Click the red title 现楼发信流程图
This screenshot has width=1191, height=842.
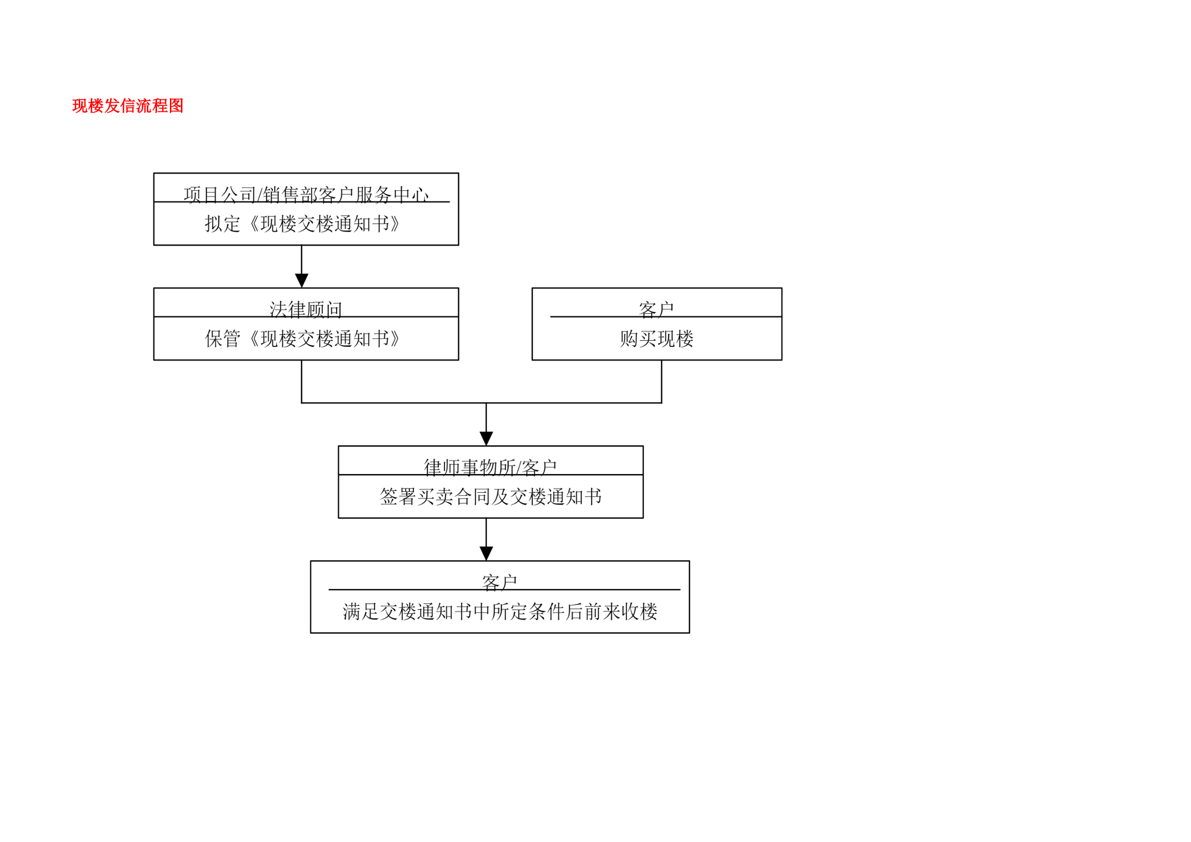128,106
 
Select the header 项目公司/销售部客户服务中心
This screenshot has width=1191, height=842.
306,195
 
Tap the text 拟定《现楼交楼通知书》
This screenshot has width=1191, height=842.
302,224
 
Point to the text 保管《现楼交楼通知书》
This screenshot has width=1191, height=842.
302,339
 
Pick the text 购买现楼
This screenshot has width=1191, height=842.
657,339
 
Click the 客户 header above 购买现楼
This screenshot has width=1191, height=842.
657,309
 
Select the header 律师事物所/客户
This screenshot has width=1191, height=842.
490,468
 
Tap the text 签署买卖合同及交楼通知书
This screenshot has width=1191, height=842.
491,497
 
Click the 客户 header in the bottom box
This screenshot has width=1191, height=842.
500,583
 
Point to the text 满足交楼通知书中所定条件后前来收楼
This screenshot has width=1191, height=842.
500,612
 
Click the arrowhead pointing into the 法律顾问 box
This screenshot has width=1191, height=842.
301,281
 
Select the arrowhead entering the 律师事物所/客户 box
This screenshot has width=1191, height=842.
486,439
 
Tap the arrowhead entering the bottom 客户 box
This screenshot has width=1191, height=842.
486,554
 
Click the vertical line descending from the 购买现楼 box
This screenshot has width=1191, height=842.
662,381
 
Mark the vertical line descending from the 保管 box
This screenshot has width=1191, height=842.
301,381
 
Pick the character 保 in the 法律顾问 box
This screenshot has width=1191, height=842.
214,339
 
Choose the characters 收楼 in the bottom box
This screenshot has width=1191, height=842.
639,612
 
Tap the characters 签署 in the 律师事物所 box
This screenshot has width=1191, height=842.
398,497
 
